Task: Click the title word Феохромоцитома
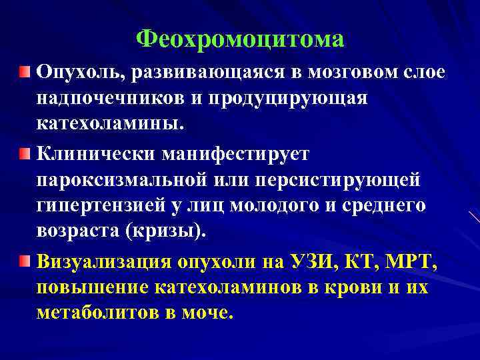240,39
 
